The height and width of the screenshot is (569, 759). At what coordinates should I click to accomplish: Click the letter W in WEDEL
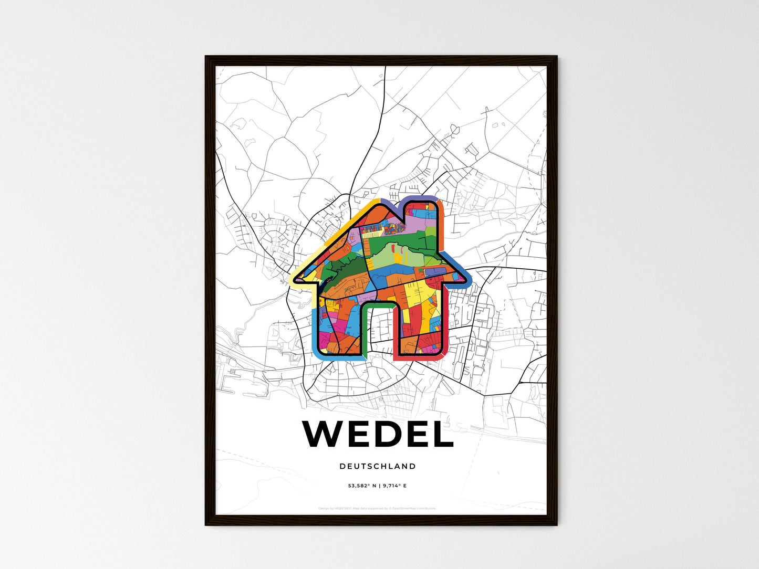[x=324, y=434]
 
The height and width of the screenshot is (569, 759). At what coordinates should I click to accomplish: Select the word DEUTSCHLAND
[x=378, y=466]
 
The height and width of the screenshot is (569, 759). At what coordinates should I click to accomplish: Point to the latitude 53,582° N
[x=362, y=486]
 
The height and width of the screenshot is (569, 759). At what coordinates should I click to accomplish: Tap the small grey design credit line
[x=377, y=508]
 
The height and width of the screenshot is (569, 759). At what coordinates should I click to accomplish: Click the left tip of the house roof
[x=294, y=280]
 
